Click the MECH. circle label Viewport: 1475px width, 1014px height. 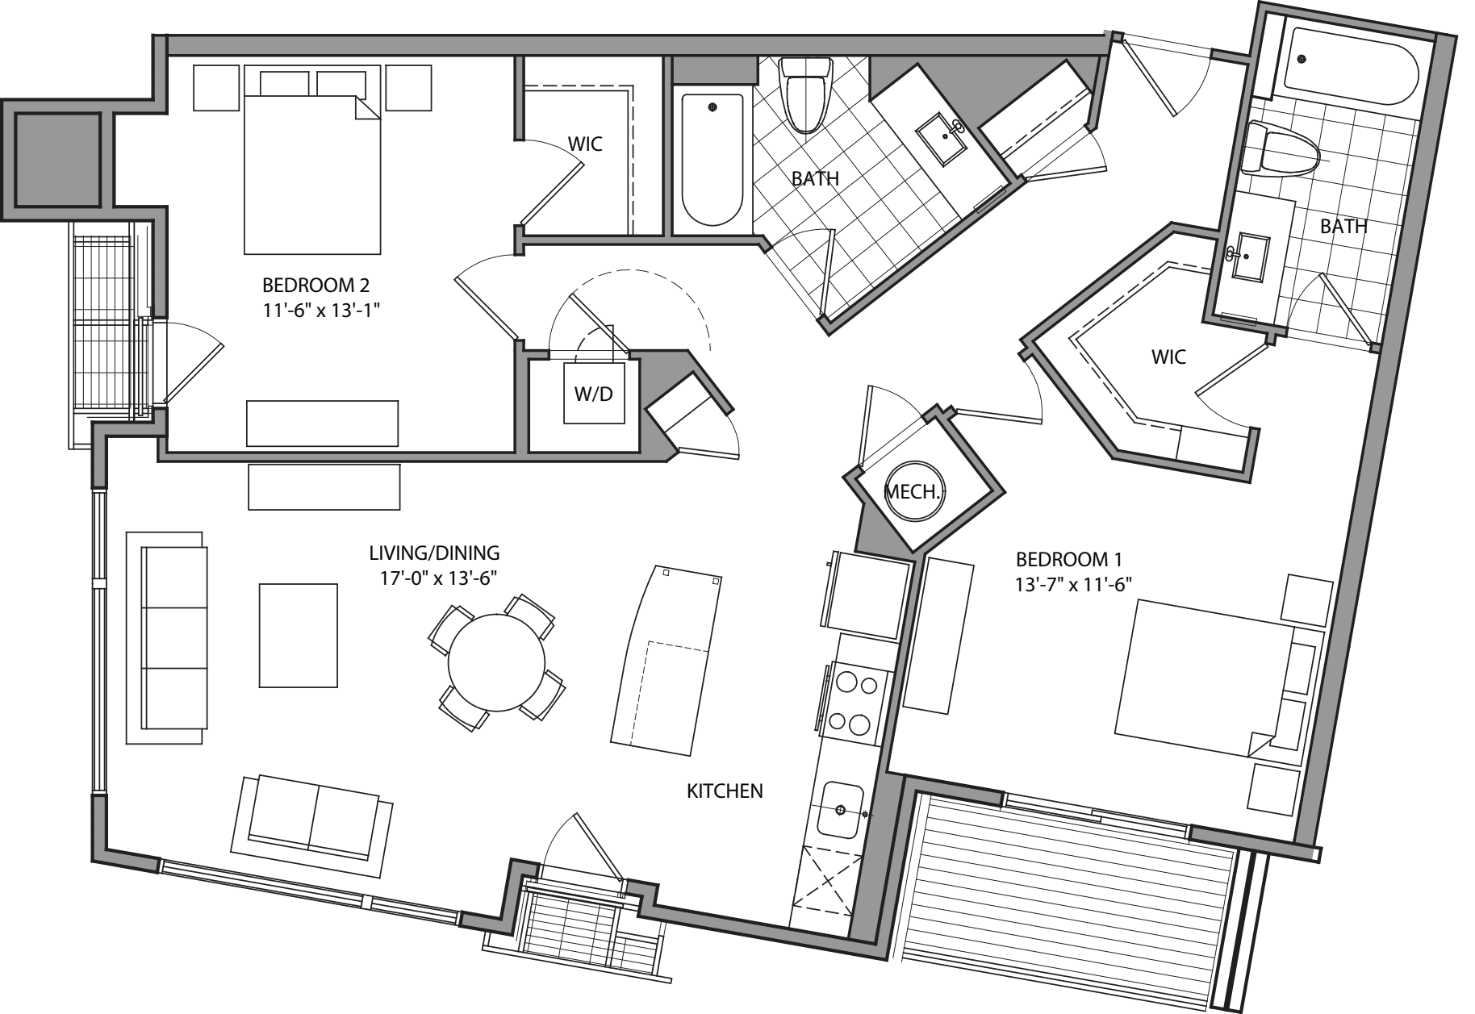tap(913, 491)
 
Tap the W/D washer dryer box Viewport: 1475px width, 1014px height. tap(594, 394)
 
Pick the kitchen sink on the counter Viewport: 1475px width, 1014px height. tap(840, 809)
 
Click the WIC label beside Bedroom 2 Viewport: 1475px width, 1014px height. tap(585, 144)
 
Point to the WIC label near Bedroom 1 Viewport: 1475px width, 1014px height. tap(1168, 356)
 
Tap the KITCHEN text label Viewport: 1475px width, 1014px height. tap(725, 791)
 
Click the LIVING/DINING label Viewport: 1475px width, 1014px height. tap(434, 553)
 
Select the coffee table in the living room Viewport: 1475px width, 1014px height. tap(298, 636)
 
